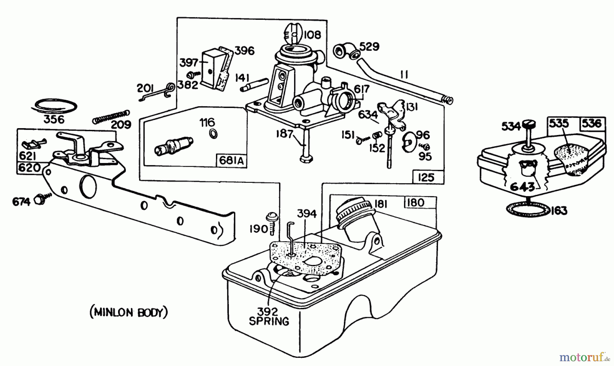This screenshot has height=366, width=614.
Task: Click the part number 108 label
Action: pyautogui.click(x=312, y=35)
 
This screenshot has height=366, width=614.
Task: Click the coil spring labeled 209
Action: pyautogui.click(x=111, y=117)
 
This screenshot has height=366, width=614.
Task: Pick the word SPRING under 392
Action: pyautogui.click(x=269, y=322)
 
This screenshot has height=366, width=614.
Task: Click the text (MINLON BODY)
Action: pyautogui.click(x=129, y=312)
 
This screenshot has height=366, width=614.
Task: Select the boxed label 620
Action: pyautogui.click(x=29, y=168)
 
